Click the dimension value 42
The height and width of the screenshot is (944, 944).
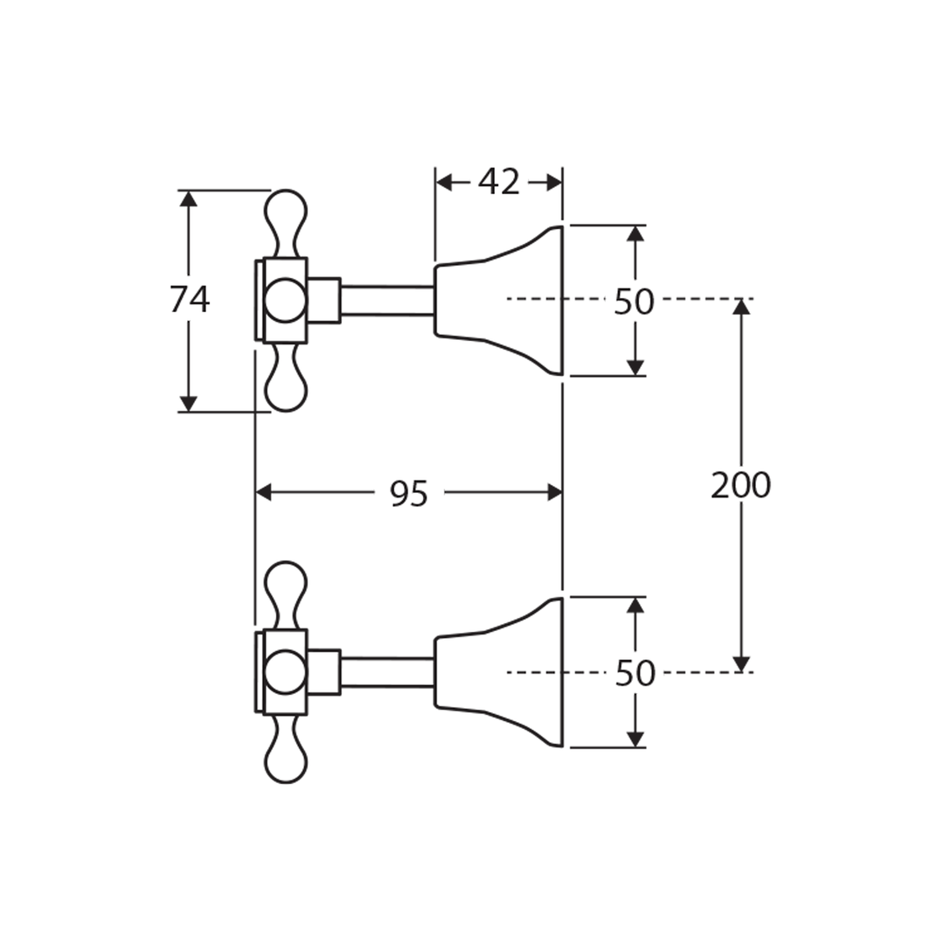point(499,182)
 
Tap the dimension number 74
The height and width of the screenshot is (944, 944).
point(190,300)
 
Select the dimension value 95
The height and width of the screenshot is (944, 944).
point(408,494)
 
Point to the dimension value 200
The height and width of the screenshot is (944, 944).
point(740,485)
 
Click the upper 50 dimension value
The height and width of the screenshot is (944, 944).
point(634,302)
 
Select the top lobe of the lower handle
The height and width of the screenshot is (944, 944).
point(286,585)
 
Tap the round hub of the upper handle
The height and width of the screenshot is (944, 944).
point(285,300)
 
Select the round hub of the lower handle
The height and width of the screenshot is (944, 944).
point(285,672)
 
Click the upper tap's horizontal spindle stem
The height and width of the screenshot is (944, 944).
point(386,300)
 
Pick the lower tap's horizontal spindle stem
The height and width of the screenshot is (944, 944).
point(386,672)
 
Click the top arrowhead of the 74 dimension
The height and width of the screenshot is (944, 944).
point(188,198)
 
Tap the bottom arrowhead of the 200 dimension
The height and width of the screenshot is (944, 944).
point(741,663)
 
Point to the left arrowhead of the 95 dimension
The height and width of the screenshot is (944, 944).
point(264,493)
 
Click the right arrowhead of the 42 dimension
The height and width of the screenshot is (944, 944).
point(552,182)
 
